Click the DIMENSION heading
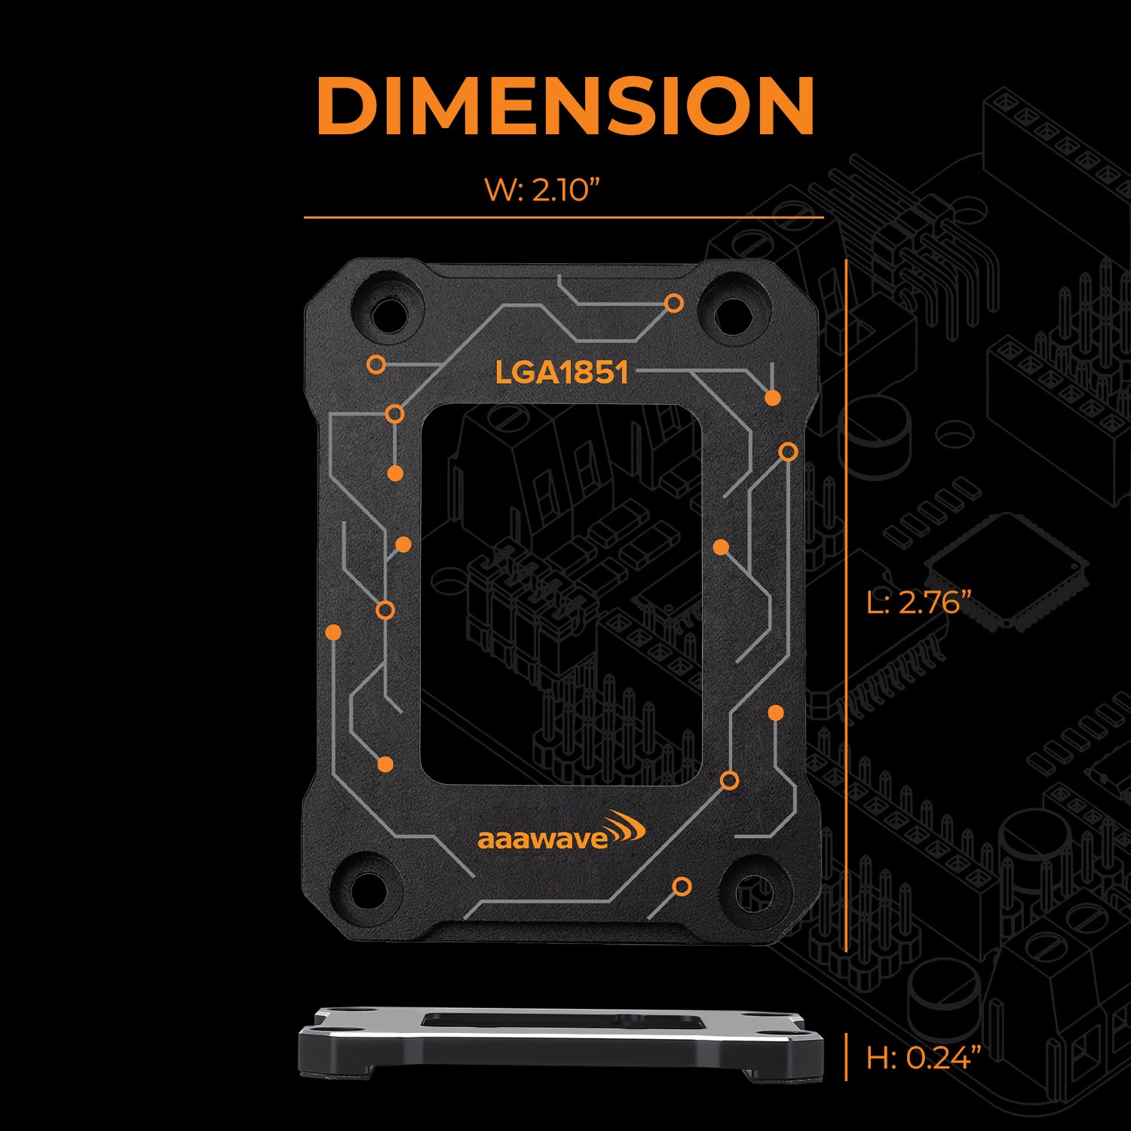click(565, 106)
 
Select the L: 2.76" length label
click(918, 602)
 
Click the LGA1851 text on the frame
click(562, 372)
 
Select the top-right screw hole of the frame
click(731, 314)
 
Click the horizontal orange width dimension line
click(563, 218)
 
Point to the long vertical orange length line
click(847, 603)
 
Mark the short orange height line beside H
click(847, 1057)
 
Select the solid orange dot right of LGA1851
click(772, 397)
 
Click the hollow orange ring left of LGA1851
click(376, 366)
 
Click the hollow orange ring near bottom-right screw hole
click(682, 887)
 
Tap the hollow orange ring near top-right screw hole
click(674, 303)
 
